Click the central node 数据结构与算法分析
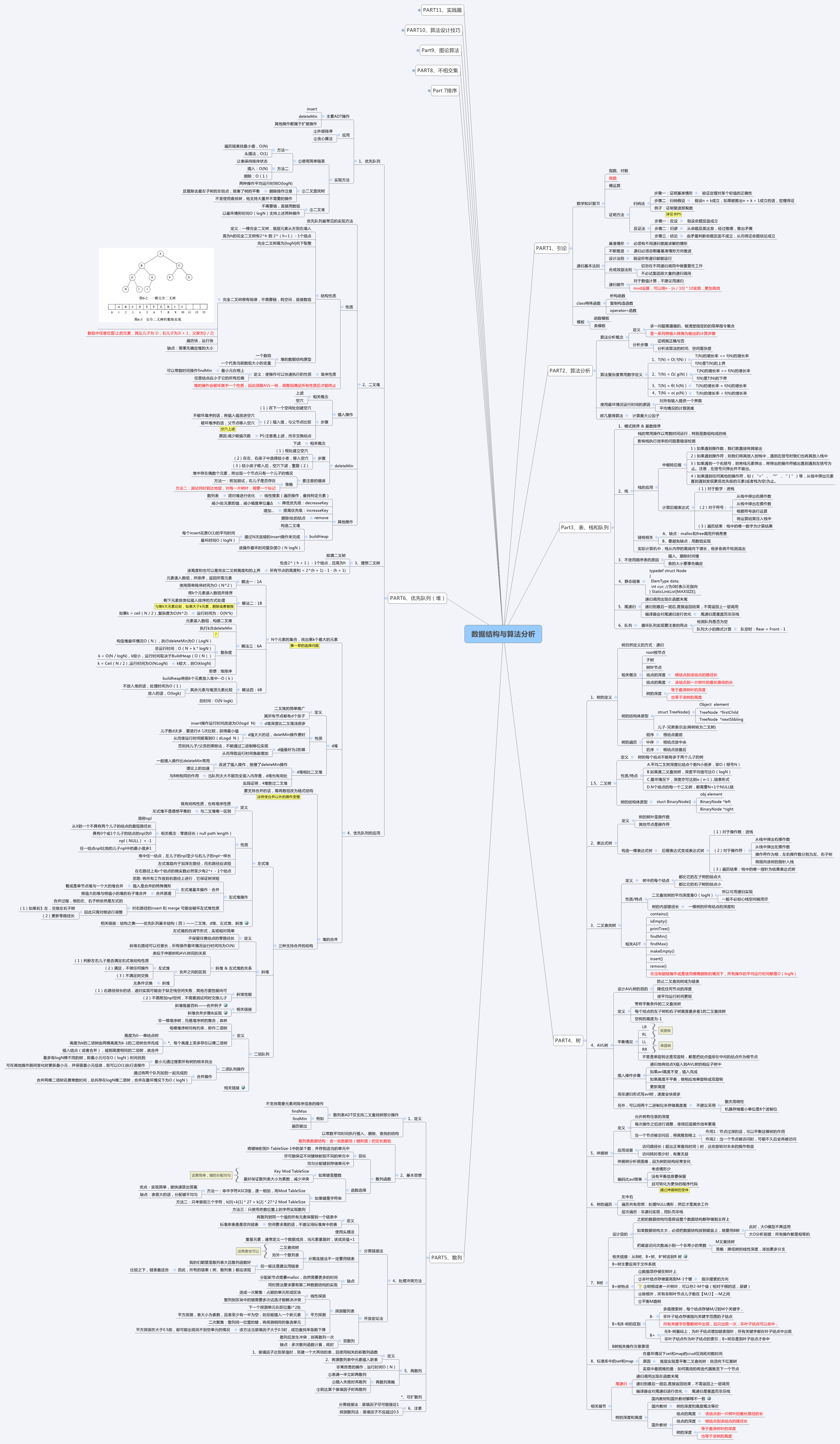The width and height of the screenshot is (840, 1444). (502, 634)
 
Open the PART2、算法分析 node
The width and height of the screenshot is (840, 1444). (570, 371)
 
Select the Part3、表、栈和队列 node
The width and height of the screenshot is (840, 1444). (584, 527)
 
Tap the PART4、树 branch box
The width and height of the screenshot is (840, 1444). (568, 1040)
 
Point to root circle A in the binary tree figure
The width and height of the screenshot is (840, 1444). (160, 254)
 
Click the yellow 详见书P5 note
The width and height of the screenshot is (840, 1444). (673, 214)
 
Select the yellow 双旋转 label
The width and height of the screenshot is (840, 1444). (665, 1030)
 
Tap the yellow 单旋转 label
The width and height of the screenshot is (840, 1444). (665, 1045)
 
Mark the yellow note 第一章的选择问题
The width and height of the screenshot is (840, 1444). (304, 646)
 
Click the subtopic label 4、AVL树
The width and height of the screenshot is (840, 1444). (599, 1045)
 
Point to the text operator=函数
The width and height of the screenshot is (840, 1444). (623, 311)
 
